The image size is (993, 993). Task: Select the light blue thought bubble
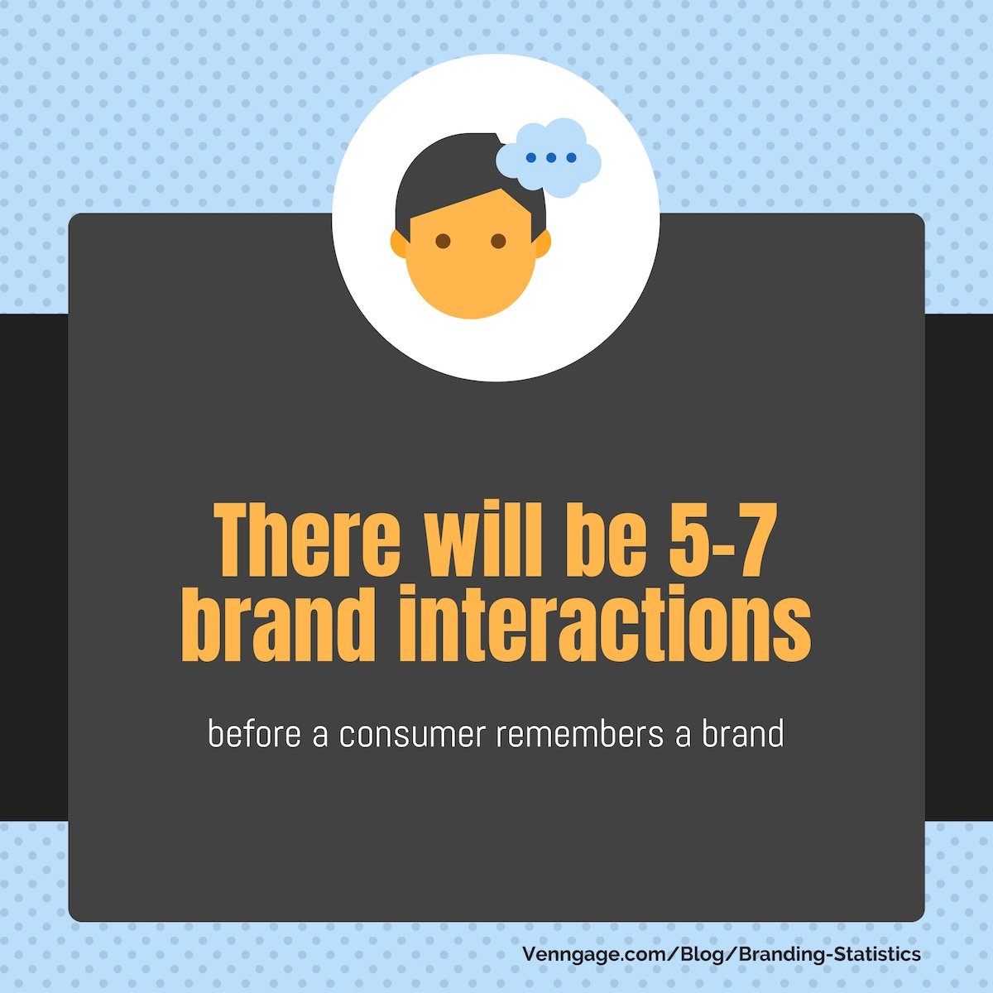pyautogui.click(x=549, y=158)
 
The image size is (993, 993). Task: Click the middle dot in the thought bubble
pyautogui.click(x=551, y=158)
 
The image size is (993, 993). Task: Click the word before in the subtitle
pyautogui.click(x=255, y=734)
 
